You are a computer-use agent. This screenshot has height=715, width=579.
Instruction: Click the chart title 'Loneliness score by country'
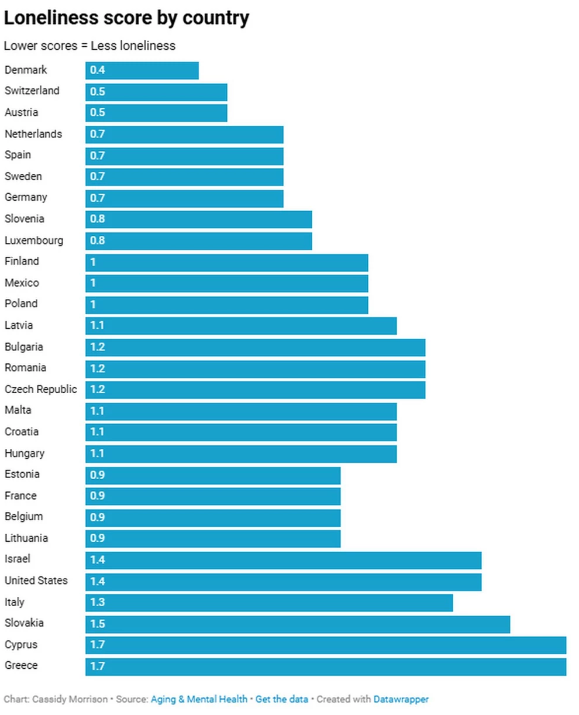(126, 18)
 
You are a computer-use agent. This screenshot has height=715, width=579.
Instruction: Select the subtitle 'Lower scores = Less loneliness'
(89, 46)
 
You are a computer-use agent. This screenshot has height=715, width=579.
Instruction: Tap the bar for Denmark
(142, 70)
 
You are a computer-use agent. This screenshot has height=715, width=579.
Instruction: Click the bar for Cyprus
(326, 645)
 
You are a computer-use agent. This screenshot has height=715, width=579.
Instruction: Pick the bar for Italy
(269, 602)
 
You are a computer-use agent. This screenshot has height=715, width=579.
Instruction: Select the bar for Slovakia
(298, 624)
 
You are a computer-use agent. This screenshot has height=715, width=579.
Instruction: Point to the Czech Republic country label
(41, 389)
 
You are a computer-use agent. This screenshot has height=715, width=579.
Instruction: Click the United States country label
(36, 580)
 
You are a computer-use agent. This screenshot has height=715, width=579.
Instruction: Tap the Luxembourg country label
(34, 240)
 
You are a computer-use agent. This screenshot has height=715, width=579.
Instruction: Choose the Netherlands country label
(33, 134)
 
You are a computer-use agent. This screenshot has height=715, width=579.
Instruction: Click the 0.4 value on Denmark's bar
(98, 70)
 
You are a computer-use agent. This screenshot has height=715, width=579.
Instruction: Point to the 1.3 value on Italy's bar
(98, 602)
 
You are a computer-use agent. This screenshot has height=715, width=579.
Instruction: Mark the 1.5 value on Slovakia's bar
(98, 624)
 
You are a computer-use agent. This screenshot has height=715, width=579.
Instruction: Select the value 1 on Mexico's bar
(93, 283)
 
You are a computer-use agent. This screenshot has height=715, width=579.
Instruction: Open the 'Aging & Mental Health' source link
(199, 699)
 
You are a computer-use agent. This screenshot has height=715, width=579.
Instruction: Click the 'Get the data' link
(282, 699)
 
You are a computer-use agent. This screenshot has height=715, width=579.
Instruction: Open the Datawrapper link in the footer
(401, 699)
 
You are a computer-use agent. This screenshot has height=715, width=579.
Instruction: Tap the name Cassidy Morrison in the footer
(70, 699)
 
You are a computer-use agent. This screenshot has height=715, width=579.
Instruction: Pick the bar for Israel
(284, 560)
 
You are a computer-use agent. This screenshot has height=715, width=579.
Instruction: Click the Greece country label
(21, 665)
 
